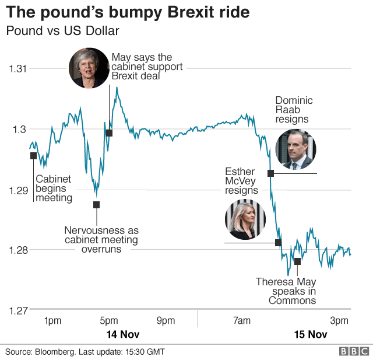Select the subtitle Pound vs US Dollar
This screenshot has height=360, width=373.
pyautogui.click(x=62, y=31)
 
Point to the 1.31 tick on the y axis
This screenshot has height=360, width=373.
pyautogui.click(x=17, y=68)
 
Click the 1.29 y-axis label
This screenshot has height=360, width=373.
pyautogui.click(x=17, y=190)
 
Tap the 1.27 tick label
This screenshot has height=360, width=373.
pyautogui.click(x=17, y=310)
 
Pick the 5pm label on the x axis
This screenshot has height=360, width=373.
pyautogui.click(x=109, y=320)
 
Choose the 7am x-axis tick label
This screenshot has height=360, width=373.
pyautogui.click(x=241, y=320)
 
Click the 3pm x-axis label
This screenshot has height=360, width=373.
pyautogui.click(x=339, y=320)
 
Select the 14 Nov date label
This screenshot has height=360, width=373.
pyautogui.click(x=122, y=335)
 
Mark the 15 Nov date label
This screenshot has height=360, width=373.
pyautogui.click(x=309, y=335)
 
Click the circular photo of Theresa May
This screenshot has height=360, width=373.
pyautogui.click(x=89, y=67)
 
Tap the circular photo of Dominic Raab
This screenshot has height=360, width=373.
pyautogui.click(x=295, y=149)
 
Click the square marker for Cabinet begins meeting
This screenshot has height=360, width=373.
pyautogui.click(x=33, y=155)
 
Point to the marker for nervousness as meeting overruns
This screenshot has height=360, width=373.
pyautogui.click(x=96, y=204)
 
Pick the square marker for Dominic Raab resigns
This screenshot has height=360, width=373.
pyautogui.click(x=271, y=173)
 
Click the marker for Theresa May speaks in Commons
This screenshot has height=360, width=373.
pyautogui.click(x=297, y=261)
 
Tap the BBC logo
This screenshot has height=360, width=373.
pyautogui.click(x=354, y=351)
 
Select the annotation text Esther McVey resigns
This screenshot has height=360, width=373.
pyautogui.click(x=241, y=180)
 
